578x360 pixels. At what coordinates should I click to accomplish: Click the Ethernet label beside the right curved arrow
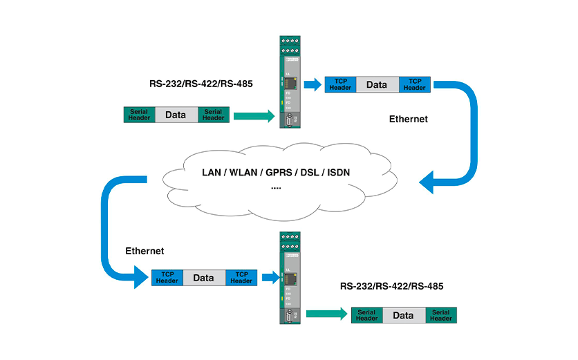click(x=409, y=119)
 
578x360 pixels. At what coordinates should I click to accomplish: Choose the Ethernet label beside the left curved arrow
click(x=144, y=250)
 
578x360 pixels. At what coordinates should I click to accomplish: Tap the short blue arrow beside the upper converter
click(x=313, y=85)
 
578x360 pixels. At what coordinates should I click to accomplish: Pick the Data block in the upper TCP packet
click(x=376, y=84)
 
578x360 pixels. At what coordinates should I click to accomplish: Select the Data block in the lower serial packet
click(x=403, y=316)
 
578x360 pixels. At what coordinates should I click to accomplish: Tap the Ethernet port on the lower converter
click(x=292, y=278)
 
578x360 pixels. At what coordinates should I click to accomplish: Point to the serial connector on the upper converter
click(x=290, y=123)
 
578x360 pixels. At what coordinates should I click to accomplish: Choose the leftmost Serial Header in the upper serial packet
click(x=139, y=115)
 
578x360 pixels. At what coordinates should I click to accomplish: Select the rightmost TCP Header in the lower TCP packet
click(x=241, y=278)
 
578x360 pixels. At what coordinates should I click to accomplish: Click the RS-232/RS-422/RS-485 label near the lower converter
click(x=391, y=285)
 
